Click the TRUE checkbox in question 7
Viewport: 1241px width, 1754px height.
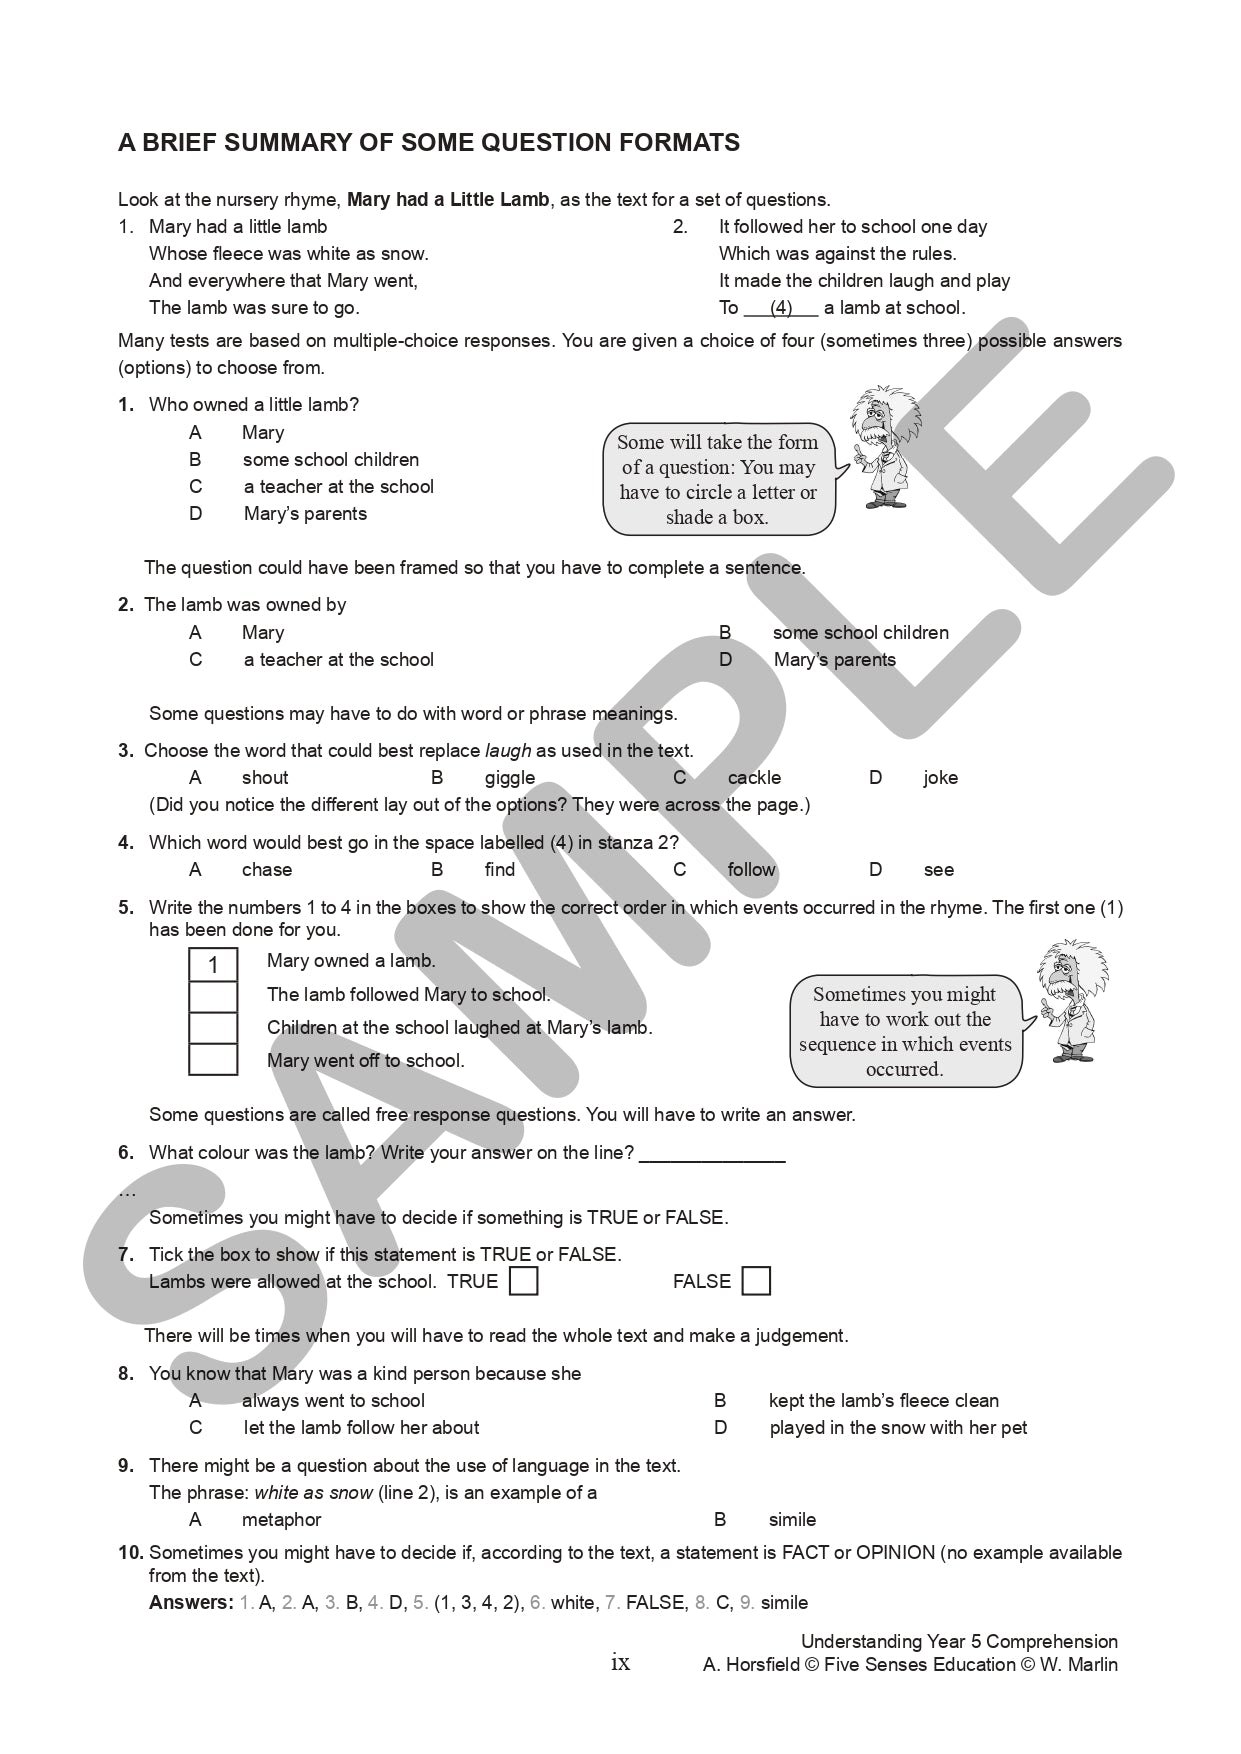(523, 1281)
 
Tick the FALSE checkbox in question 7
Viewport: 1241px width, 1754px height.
(756, 1281)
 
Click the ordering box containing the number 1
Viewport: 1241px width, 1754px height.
(213, 965)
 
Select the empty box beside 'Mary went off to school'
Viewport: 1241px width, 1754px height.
(213, 1060)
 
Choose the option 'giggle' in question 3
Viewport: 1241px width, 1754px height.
(509, 778)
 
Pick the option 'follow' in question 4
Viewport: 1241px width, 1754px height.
(751, 870)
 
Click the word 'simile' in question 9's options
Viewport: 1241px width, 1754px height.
(792, 1520)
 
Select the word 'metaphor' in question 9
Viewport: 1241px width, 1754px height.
(281, 1520)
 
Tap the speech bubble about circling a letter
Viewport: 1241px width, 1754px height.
(718, 480)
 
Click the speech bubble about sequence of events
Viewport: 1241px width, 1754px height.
(905, 1032)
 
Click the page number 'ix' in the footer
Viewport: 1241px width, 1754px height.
(620, 1663)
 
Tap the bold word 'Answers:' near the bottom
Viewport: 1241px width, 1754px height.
(191, 1603)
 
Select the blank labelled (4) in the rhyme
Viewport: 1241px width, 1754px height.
(781, 308)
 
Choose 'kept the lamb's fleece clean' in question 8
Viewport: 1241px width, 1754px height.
(883, 1401)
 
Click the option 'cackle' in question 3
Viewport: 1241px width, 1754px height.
(754, 778)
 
